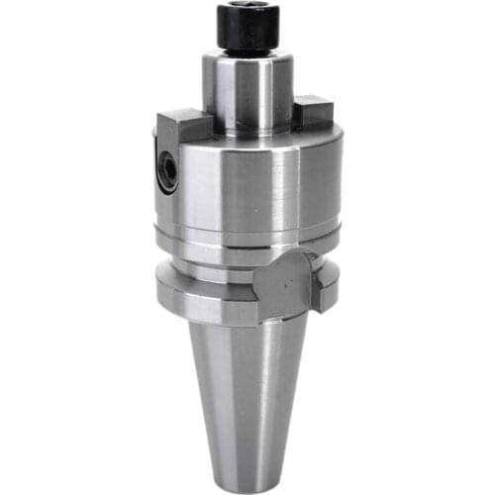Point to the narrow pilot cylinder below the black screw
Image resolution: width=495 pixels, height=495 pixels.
pos(247,94)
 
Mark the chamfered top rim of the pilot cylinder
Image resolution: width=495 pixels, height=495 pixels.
pos(247,58)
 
